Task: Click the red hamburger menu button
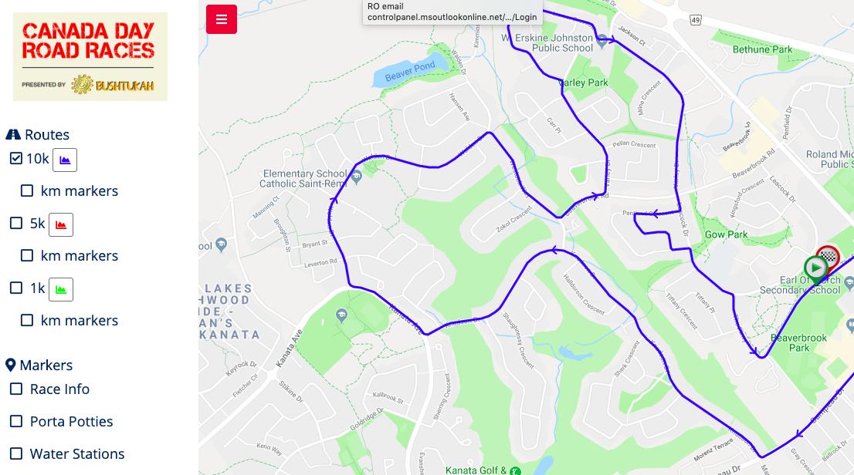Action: click(x=222, y=20)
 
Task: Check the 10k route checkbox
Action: click(x=16, y=158)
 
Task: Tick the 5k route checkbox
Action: click(x=16, y=223)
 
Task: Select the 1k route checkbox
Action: click(x=16, y=288)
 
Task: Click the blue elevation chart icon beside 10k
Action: click(x=65, y=160)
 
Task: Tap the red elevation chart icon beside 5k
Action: click(x=61, y=224)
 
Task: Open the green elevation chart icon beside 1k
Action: click(x=61, y=289)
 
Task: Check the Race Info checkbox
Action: click(x=16, y=389)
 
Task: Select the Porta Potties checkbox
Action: click(x=16, y=421)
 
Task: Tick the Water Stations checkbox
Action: click(x=16, y=453)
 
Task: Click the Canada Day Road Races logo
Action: click(x=90, y=56)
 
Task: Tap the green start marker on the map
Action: click(x=815, y=268)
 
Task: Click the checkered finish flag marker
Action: click(x=829, y=257)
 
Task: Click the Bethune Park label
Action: click(x=762, y=50)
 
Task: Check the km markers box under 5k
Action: click(x=27, y=255)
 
